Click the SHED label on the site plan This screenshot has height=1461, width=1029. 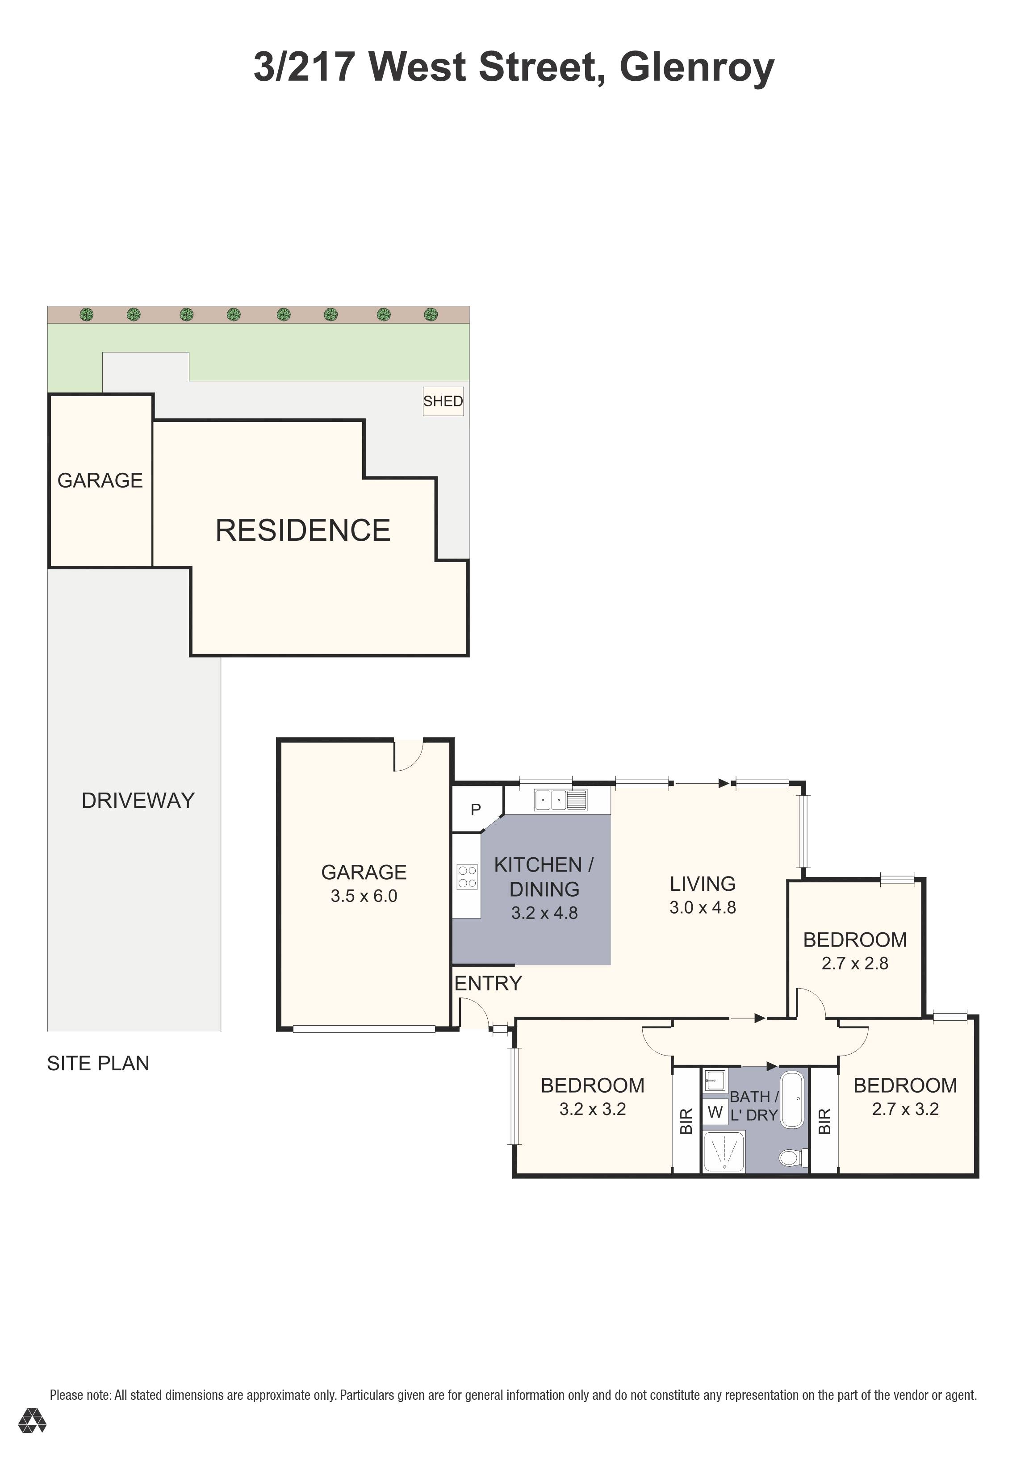click(443, 401)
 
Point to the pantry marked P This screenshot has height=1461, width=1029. click(475, 810)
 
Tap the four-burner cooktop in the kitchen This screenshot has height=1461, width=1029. click(467, 876)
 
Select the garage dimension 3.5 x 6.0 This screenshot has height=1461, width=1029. click(364, 896)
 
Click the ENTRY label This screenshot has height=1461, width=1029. click(488, 983)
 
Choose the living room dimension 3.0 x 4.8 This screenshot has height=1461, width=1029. click(703, 907)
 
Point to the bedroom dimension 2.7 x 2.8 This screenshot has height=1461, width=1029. click(855, 964)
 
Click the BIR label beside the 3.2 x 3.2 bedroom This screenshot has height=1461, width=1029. click(686, 1121)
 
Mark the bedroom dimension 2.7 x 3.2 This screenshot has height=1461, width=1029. click(905, 1109)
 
